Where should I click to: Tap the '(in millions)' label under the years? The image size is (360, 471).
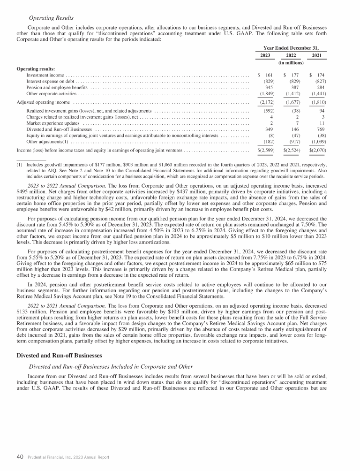click(x=292, y=62)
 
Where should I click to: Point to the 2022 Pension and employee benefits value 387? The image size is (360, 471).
click(x=294, y=87)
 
